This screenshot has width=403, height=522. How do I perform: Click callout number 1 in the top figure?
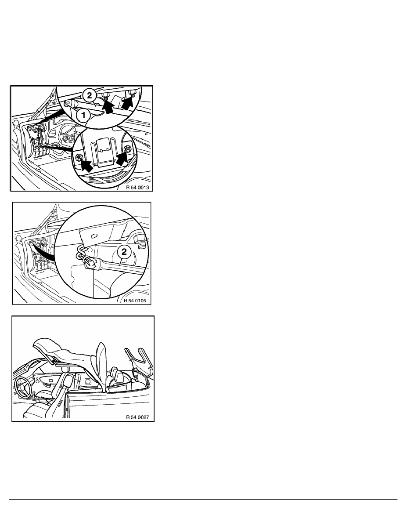tap(84, 116)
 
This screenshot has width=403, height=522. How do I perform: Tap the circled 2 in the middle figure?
tap(124, 252)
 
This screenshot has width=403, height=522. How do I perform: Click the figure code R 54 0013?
tap(138, 188)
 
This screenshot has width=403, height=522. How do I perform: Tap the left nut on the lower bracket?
tap(79, 158)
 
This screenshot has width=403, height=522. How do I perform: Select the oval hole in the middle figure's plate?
tap(94, 236)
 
